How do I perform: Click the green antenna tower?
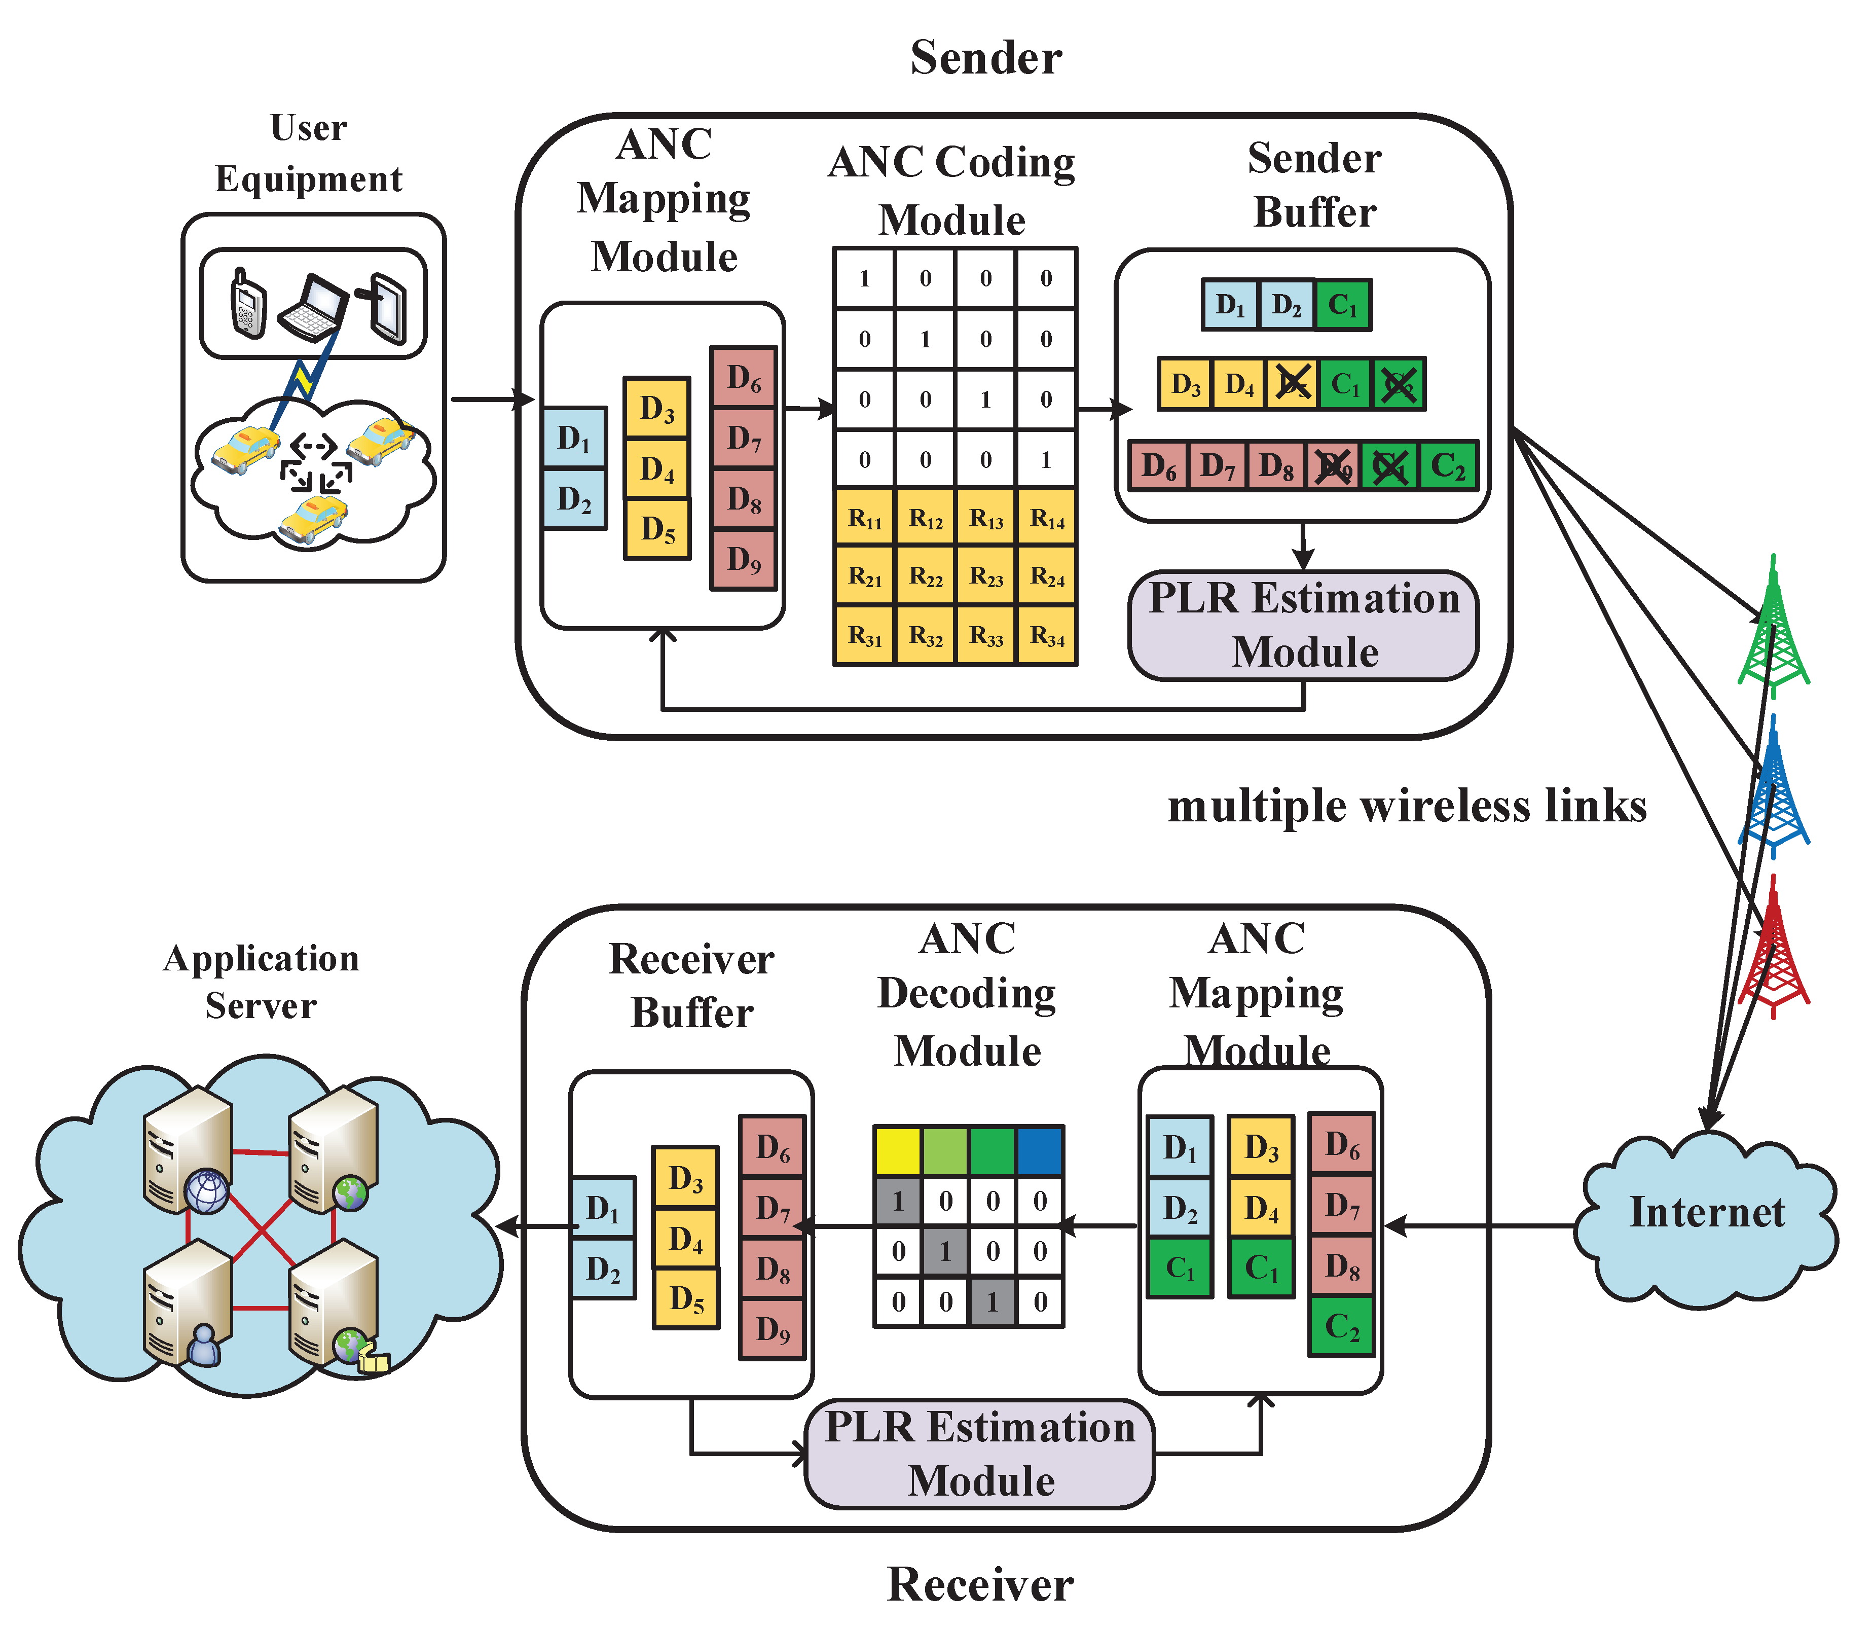tap(1773, 628)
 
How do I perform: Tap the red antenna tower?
tap(1773, 951)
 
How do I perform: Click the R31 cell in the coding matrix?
tap(865, 635)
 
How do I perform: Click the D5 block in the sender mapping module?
tap(656, 528)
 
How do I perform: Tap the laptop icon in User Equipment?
tap(314, 306)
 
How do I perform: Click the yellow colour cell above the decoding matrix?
tap(897, 1151)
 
